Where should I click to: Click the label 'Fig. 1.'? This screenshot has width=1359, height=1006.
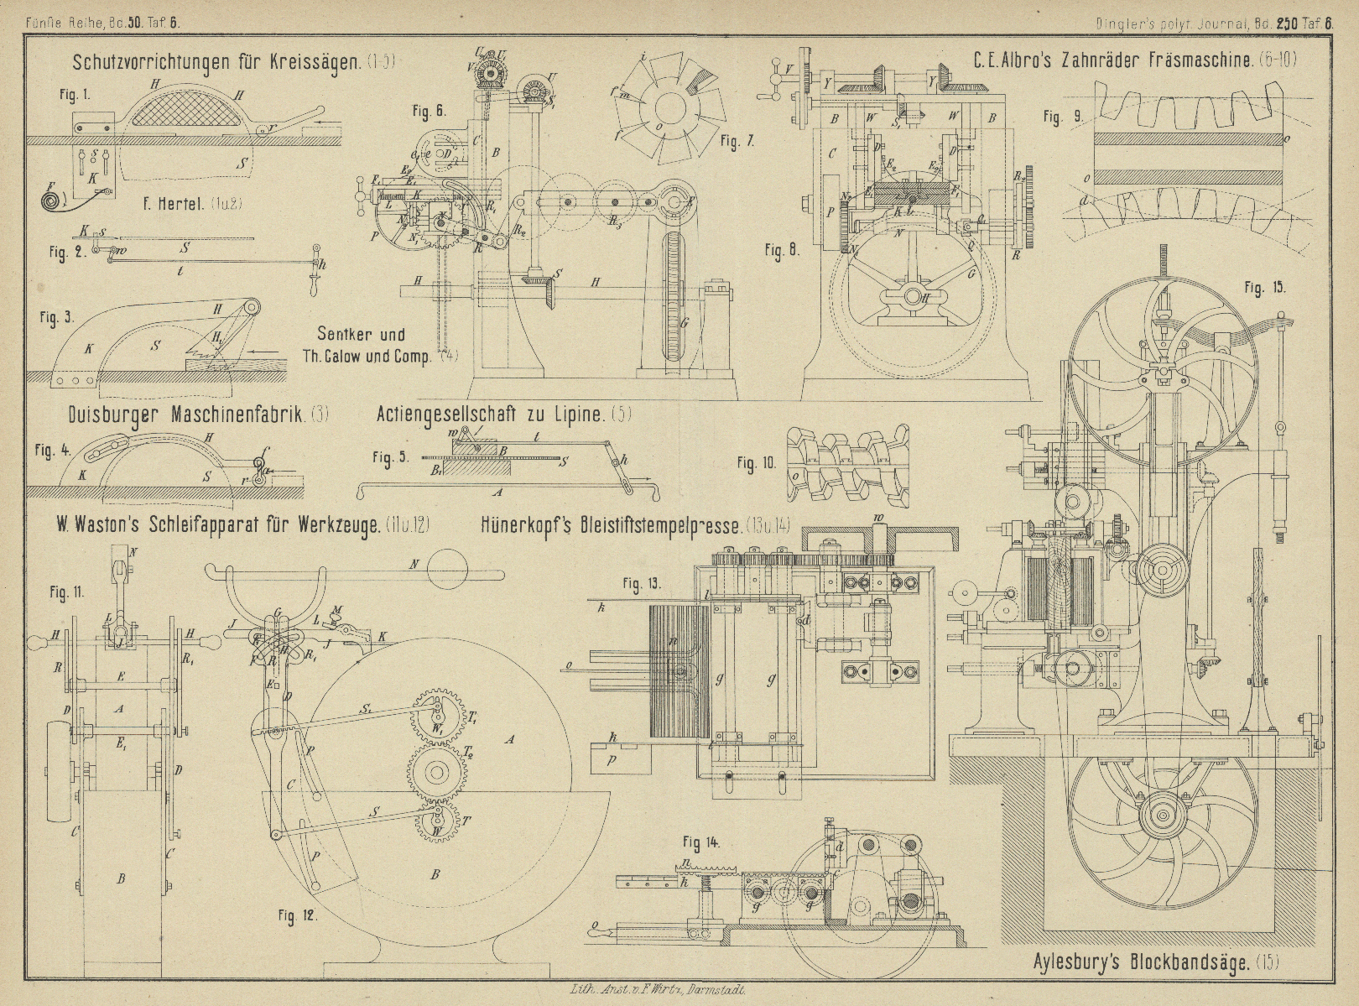tap(74, 96)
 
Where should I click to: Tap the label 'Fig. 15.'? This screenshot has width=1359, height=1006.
tap(1265, 289)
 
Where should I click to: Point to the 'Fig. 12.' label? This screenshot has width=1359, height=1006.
tap(299, 916)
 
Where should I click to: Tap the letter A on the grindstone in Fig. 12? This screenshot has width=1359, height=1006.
tap(508, 738)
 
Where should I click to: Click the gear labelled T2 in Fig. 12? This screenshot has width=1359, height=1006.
tap(436, 770)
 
